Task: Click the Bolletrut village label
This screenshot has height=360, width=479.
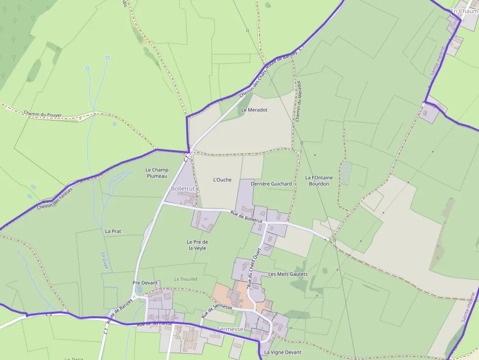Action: pos(183,189)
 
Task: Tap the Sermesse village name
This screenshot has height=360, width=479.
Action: pos(230,329)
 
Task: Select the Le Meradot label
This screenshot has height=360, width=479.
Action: pos(254,110)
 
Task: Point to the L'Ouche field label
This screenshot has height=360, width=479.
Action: pos(222,180)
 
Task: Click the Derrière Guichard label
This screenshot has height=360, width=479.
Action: pos(271,184)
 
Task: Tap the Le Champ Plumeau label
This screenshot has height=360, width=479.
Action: pos(156,173)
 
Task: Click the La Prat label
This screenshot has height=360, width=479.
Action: pos(113,231)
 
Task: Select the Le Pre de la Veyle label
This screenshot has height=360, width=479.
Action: pos(197,245)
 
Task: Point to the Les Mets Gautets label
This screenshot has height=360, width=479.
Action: pos(288,274)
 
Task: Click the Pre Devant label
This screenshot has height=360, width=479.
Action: pos(145,283)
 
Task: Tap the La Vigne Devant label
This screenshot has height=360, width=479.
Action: pos(283,352)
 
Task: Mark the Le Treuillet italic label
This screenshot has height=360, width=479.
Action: pos(186,279)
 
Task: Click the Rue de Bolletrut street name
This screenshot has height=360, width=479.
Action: pos(247,216)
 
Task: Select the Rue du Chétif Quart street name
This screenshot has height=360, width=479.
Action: pos(253,268)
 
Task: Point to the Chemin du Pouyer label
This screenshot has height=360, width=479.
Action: pos(43,114)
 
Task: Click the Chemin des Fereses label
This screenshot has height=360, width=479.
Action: pos(54,199)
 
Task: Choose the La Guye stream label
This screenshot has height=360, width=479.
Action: pos(105,261)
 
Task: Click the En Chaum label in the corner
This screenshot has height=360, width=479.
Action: pos(464,11)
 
